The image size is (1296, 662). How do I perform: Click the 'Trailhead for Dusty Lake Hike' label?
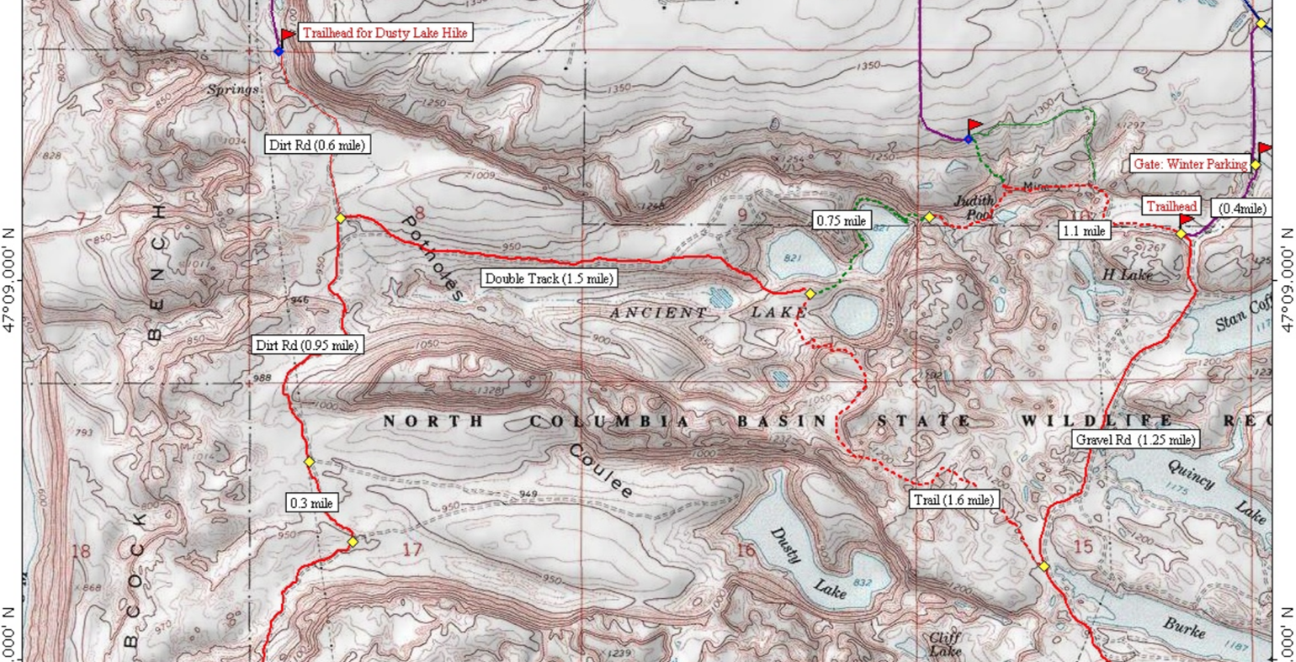pyautogui.click(x=384, y=33)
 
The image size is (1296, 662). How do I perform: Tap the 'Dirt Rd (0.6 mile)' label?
pyautogui.click(x=316, y=145)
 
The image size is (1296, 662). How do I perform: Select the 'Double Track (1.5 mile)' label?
pyautogui.click(x=549, y=278)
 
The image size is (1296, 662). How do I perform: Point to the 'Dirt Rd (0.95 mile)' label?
pyautogui.click(x=307, y=345)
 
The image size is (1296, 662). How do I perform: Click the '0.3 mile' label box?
pyautogui.click(x=311, y=503)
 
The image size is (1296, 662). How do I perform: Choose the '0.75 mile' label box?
pyautogui.click(x=842, y=221)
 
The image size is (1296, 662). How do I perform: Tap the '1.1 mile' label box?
pyautogui.click(x=1084, y=230)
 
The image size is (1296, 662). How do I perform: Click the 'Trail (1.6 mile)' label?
pyautogui.click(x=953, y=500)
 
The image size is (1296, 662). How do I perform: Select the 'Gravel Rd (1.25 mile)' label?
pyautogui.click(x=1135, y=439)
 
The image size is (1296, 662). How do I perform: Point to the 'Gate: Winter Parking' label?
pyautogui.click(x=1190, y=164)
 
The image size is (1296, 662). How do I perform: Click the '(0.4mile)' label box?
pyautogui.click(x=1242, y=209)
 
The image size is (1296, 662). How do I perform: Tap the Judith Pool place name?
pyautogui.click(x=974, y=207)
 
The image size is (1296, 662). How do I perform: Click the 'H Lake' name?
pyautogui.click(x=1127, y=274)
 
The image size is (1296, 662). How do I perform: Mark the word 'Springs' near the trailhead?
pyautogui.click(x=233, y=89)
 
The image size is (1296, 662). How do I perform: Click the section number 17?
pyautogui.click(x=412, y=550)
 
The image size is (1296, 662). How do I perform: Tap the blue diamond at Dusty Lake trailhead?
pyautogui.click(x=279, y=51)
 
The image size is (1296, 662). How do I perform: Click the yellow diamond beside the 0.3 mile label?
pyautogui.click(x=353, y=543)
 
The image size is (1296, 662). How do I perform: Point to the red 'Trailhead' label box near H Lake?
pyautogui.click(x=1171, y=207)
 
